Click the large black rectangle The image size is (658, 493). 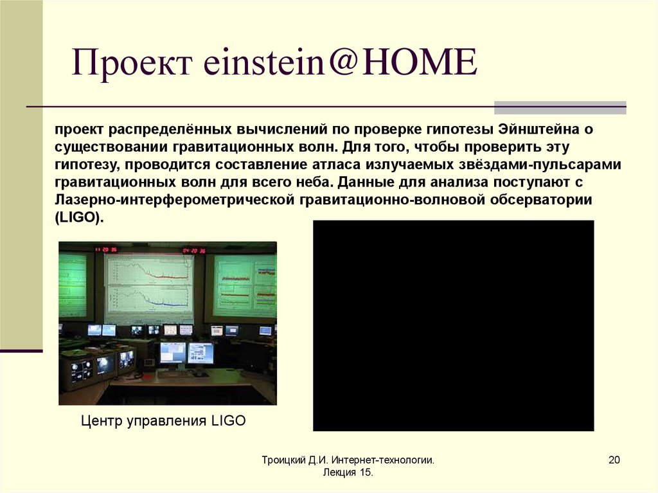(453, 325)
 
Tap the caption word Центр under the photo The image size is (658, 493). (103, 422)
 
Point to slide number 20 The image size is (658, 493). (613, 460)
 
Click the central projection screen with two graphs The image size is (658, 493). (149, 287)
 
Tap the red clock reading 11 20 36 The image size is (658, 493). (106, 249)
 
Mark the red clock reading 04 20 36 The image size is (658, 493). (193, 250)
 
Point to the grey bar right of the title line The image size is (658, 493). (560, 107)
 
